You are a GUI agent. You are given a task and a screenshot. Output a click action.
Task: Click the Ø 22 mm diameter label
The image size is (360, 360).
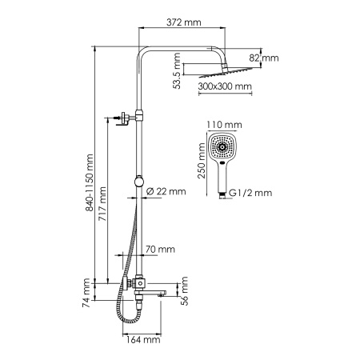[x=166, y=191]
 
